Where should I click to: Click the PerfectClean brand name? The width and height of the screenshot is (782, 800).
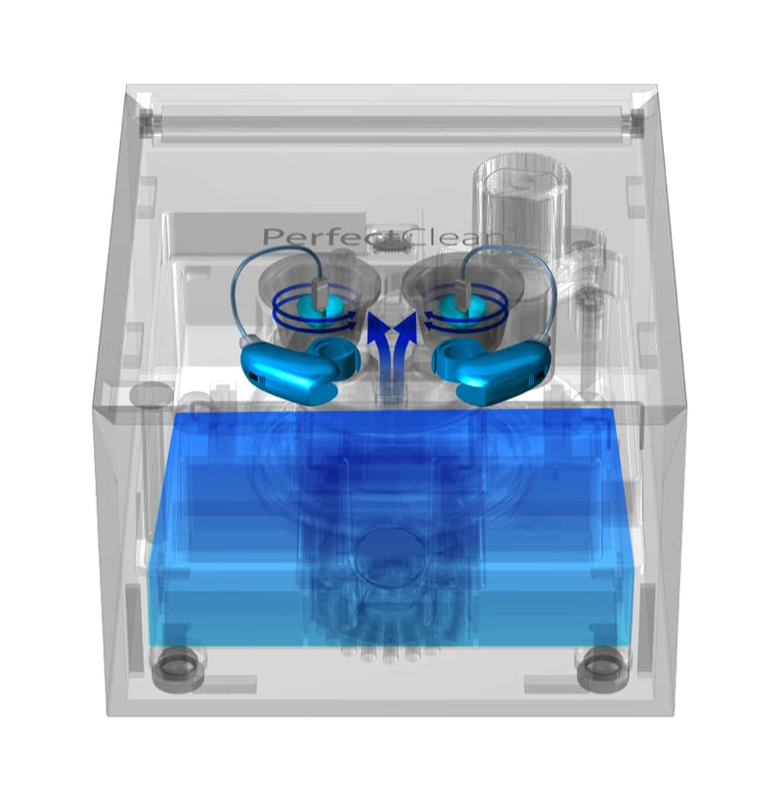pos(382,237)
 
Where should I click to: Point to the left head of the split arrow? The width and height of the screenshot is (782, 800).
pos(376,327)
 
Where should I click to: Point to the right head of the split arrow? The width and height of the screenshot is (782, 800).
pos(407,327)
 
